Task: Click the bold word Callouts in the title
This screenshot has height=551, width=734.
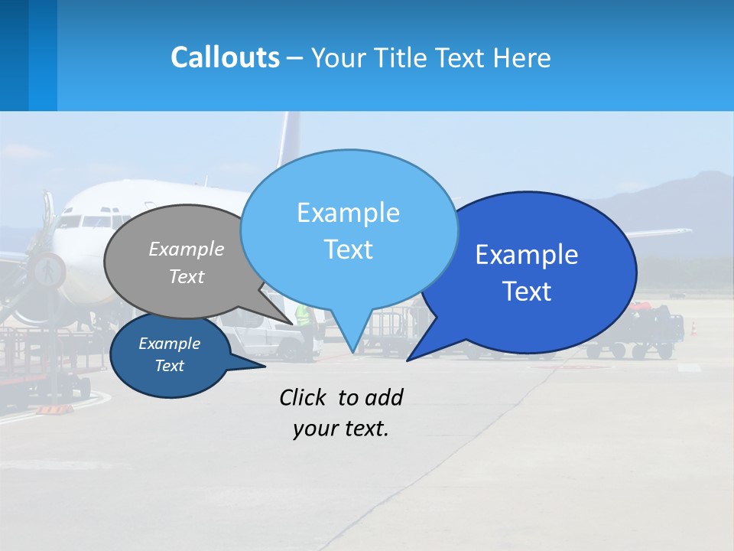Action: [225, 57]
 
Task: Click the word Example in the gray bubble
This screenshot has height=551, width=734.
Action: [187, 249]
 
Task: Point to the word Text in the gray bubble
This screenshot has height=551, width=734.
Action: [187, 276]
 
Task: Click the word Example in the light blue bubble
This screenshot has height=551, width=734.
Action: [348, 213]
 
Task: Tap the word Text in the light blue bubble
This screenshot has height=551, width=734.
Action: [348, 249]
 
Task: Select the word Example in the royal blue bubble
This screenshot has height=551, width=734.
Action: [527, 254]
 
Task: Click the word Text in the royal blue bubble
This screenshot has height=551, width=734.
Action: [527, 292]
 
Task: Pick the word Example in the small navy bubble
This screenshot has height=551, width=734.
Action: [169, 344]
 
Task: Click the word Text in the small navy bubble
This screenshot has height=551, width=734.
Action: [169, 366]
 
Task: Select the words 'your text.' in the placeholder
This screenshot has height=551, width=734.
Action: [341, 429]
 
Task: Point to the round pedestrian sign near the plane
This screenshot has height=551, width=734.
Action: [48, 269]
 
